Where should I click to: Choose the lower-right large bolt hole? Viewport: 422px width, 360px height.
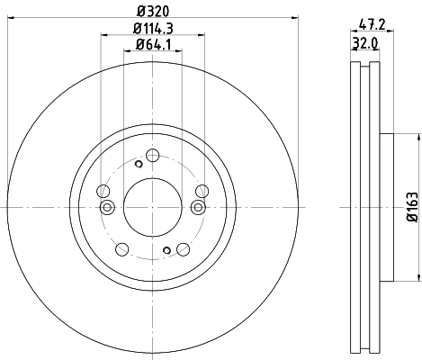tap(184, 248)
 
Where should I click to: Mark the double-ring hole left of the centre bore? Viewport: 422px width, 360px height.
tap(107, 208)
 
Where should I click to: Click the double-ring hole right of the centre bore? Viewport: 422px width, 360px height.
tap(199, 208)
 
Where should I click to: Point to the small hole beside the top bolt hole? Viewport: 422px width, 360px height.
tap(138, 164)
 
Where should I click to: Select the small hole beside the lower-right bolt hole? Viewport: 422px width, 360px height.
tap(166, 250)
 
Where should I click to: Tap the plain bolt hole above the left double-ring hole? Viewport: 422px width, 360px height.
tap(103, 192)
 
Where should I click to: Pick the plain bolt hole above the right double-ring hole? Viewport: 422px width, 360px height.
tap(202, 190)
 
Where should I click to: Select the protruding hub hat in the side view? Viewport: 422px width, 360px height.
tap(386, 207)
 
